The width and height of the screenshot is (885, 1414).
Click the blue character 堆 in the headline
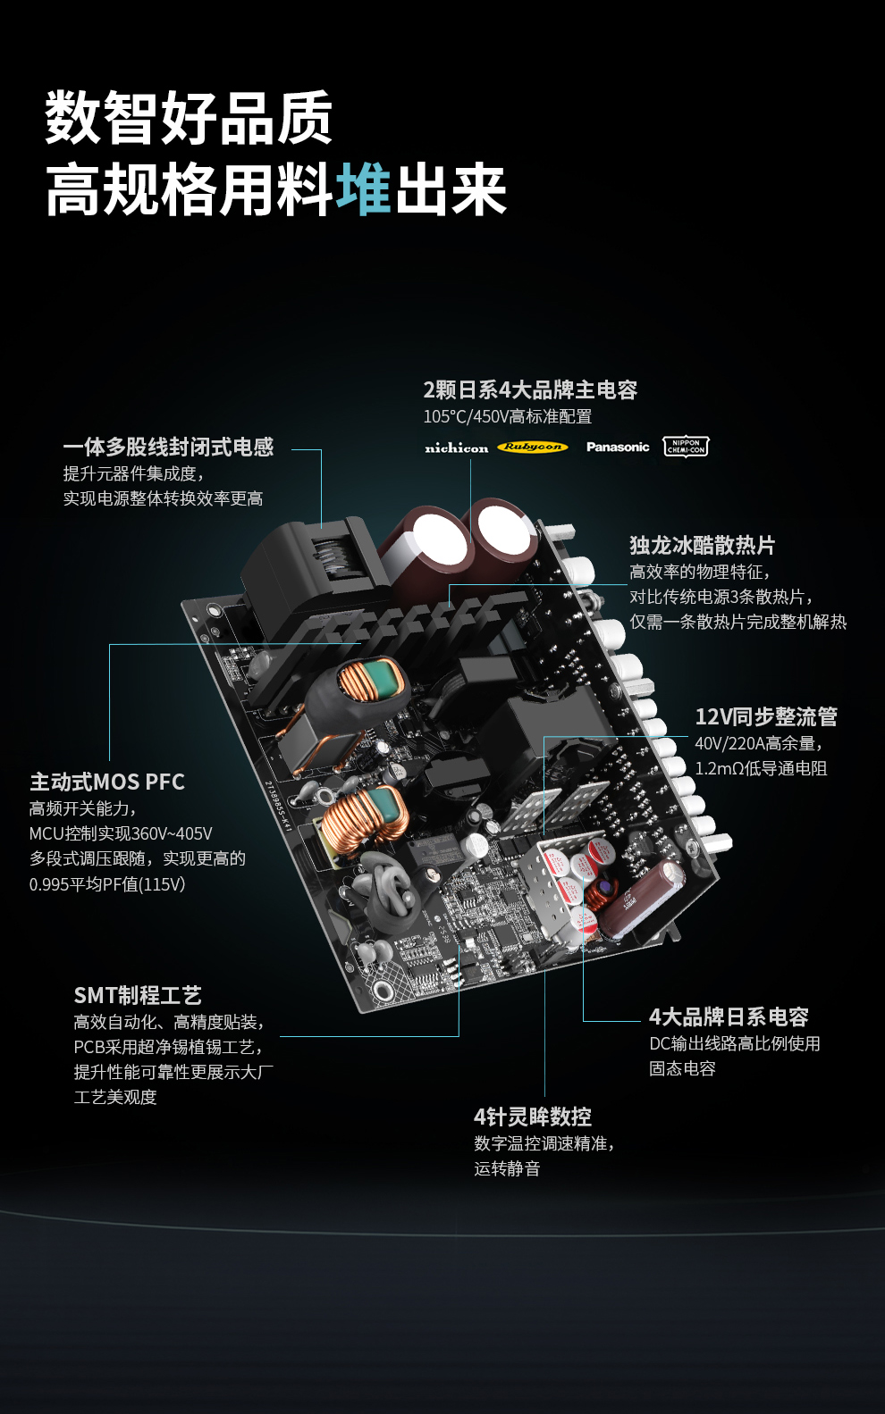[365, 189]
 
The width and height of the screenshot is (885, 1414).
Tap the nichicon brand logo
[456, 448]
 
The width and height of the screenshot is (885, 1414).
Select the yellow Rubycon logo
[532, 447]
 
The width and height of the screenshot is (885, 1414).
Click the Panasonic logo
[618, 447]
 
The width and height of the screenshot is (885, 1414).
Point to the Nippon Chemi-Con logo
[686, 447]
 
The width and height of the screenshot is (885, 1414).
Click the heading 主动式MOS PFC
[107, 782]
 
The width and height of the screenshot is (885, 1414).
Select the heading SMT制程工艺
[138, 995]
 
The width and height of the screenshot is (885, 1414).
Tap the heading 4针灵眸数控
[533, 1117]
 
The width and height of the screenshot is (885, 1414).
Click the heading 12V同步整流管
[766, 716]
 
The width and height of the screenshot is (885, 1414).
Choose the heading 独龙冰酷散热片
[703, 545]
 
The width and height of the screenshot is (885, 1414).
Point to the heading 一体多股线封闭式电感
[168, 447]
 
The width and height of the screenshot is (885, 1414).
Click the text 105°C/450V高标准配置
[508, 416]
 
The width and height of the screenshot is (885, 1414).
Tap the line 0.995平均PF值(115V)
[107, 884]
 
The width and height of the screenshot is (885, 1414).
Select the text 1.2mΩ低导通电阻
[761, 768]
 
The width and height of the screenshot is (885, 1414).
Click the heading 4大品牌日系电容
[729, 1017]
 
